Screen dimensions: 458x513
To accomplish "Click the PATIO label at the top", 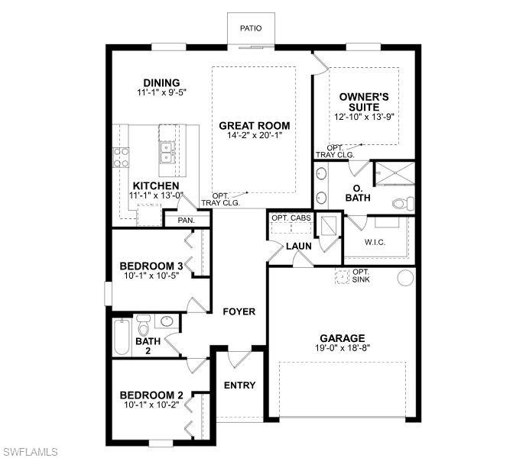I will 251,28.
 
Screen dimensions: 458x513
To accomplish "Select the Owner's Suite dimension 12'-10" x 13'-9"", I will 365,118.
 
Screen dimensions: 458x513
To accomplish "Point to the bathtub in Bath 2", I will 122,337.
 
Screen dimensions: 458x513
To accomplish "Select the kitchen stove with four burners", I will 121,156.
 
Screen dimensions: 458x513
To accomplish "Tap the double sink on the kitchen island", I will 167,152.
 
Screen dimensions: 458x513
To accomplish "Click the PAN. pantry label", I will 186,220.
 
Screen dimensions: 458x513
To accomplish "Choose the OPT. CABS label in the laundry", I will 290,218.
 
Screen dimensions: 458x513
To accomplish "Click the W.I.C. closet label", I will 375,244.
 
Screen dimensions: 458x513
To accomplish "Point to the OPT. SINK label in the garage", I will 361,276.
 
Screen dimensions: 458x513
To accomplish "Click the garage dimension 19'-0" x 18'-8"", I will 342,348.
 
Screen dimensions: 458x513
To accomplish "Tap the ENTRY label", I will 239,385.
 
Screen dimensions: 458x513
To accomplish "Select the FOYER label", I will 239,311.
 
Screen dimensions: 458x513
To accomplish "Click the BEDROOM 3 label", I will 151,266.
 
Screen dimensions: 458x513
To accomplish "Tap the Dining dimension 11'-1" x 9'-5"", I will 161,92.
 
